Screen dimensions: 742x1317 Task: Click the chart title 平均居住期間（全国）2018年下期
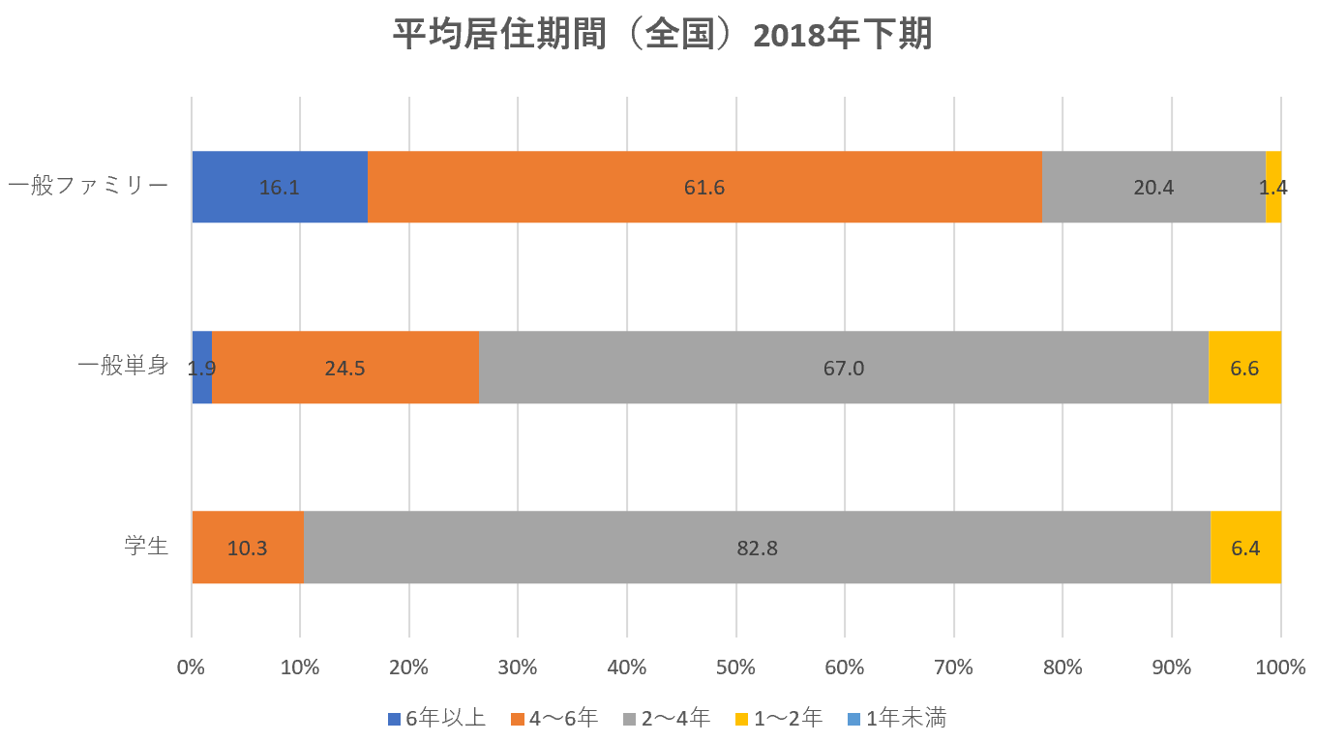(662, 36)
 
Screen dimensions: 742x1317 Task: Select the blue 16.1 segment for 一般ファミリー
(279, 187)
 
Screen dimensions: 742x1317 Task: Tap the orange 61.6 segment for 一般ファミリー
(703, 187)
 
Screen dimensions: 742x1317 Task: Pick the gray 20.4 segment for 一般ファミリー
(1152, 187)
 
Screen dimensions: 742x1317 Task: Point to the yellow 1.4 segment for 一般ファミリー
(1273, 187)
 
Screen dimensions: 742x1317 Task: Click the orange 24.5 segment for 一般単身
(344, 368)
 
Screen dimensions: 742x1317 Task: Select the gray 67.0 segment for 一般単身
(843, 368)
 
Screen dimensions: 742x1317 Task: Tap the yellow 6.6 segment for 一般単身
(1244, 368)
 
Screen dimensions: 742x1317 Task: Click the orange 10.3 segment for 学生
(247, 548)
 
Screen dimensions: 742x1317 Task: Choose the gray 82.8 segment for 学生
(757, 548)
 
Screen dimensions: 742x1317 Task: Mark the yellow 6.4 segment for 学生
(1245, 548)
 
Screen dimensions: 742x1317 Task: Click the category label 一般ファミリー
(88, 185)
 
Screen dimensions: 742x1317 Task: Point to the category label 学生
(146, 547)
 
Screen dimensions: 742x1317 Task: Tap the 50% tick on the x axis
(736, 667)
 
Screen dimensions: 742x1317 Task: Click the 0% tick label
(192, 667)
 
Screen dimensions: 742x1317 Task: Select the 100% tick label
(1281, 667)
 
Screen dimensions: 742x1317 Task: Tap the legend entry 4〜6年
(554, 718)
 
